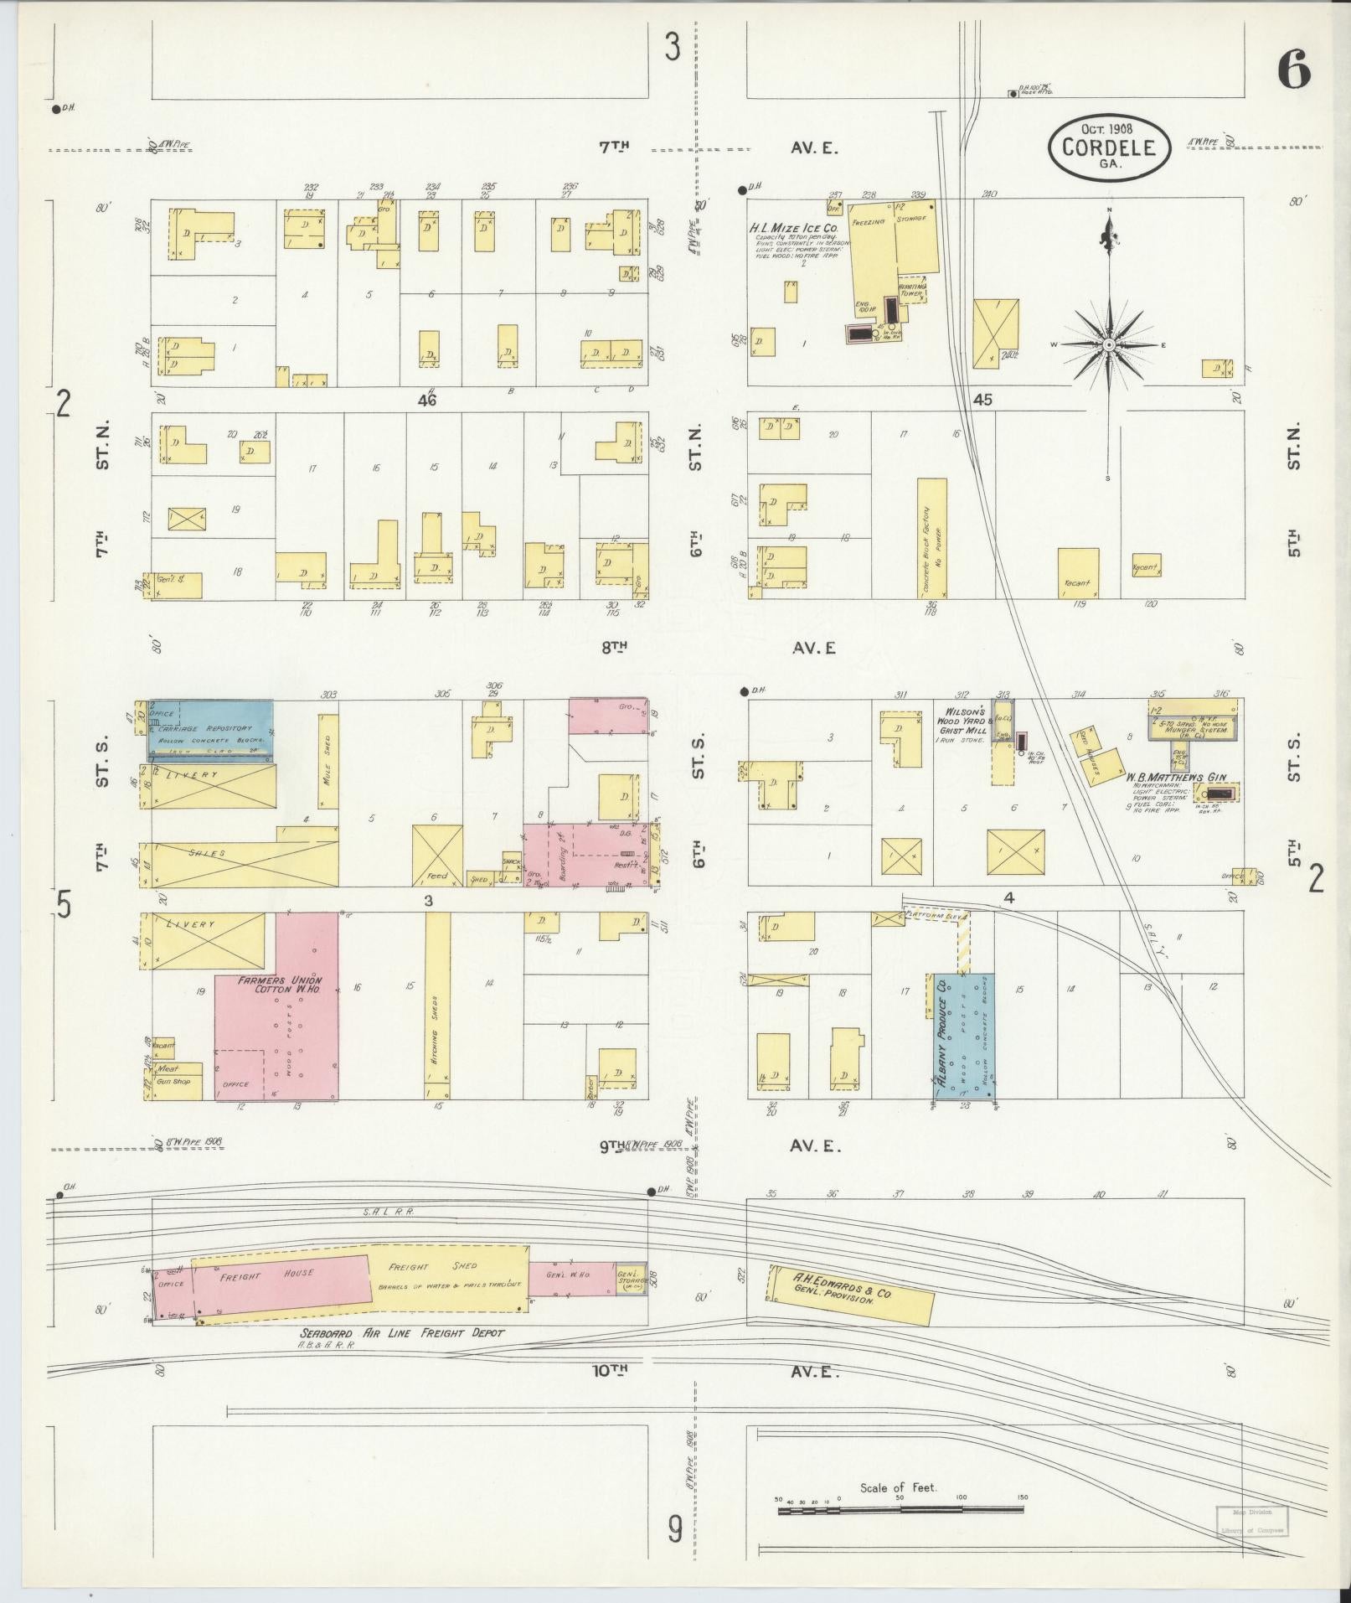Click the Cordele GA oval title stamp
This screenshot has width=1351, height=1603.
point(1108,147)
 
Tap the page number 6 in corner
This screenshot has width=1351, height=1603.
point(1293,70)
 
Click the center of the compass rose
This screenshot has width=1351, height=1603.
point(1109,344)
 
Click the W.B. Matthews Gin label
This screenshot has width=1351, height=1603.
point(1181,777)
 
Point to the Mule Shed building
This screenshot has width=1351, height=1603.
point(328,761)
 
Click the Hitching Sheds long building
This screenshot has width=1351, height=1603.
point(437,1006)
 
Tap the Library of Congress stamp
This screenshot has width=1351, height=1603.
point(1251,1521)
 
